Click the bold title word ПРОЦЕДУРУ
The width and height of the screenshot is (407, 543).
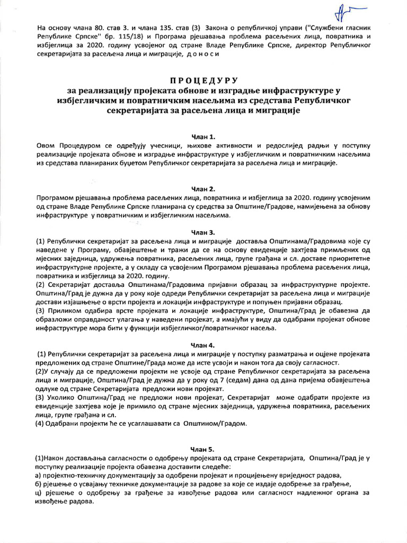[203, 81]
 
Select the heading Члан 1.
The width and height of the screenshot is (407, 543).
[203, 136]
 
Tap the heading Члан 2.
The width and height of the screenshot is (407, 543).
[203, 188]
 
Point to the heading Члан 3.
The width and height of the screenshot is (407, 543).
[203, 232]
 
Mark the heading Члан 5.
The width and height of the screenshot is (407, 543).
[203, 449]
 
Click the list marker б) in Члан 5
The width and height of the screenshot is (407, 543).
[41, 484]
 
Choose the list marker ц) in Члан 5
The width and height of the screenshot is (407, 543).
[41, 493]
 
